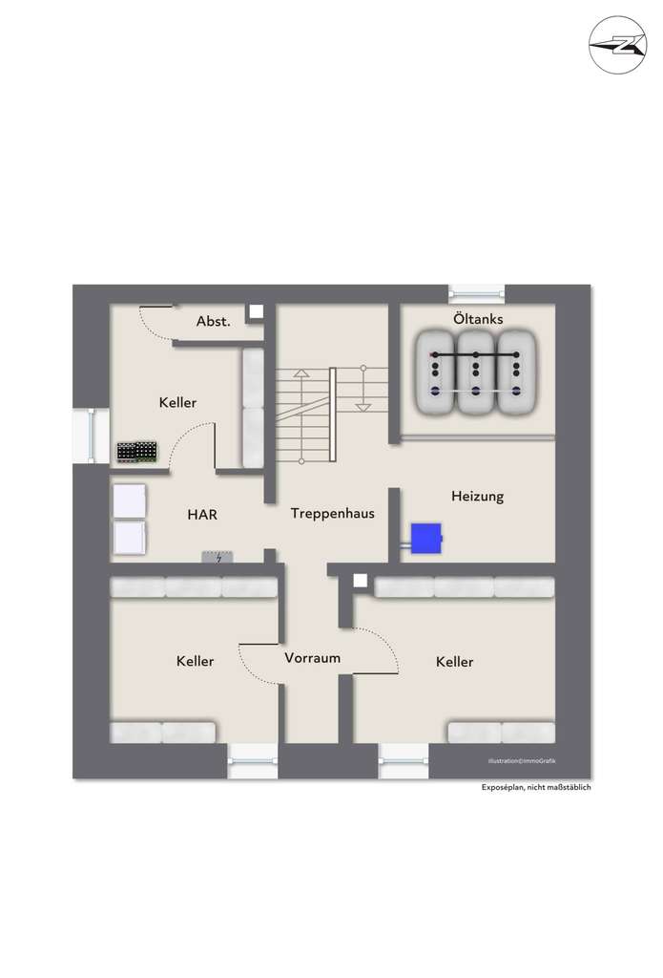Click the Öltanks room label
[x=477, y=319]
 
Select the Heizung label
[x=477, y=497]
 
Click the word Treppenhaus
[x=332, y=514]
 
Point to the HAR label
[x=202, y=515]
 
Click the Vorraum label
[x=312, y=658]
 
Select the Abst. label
[x=213, y=322]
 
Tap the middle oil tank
[x=476, y=372]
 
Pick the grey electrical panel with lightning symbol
[x=218, y=557]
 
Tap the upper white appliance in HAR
[x=130, y=501]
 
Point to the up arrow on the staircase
[x=300, y=374]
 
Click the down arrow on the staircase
[x=363, y=406]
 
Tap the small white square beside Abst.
[x=256, y=311]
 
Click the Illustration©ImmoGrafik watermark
[x=521, y=760]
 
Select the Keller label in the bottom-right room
[x=454, y=662]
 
